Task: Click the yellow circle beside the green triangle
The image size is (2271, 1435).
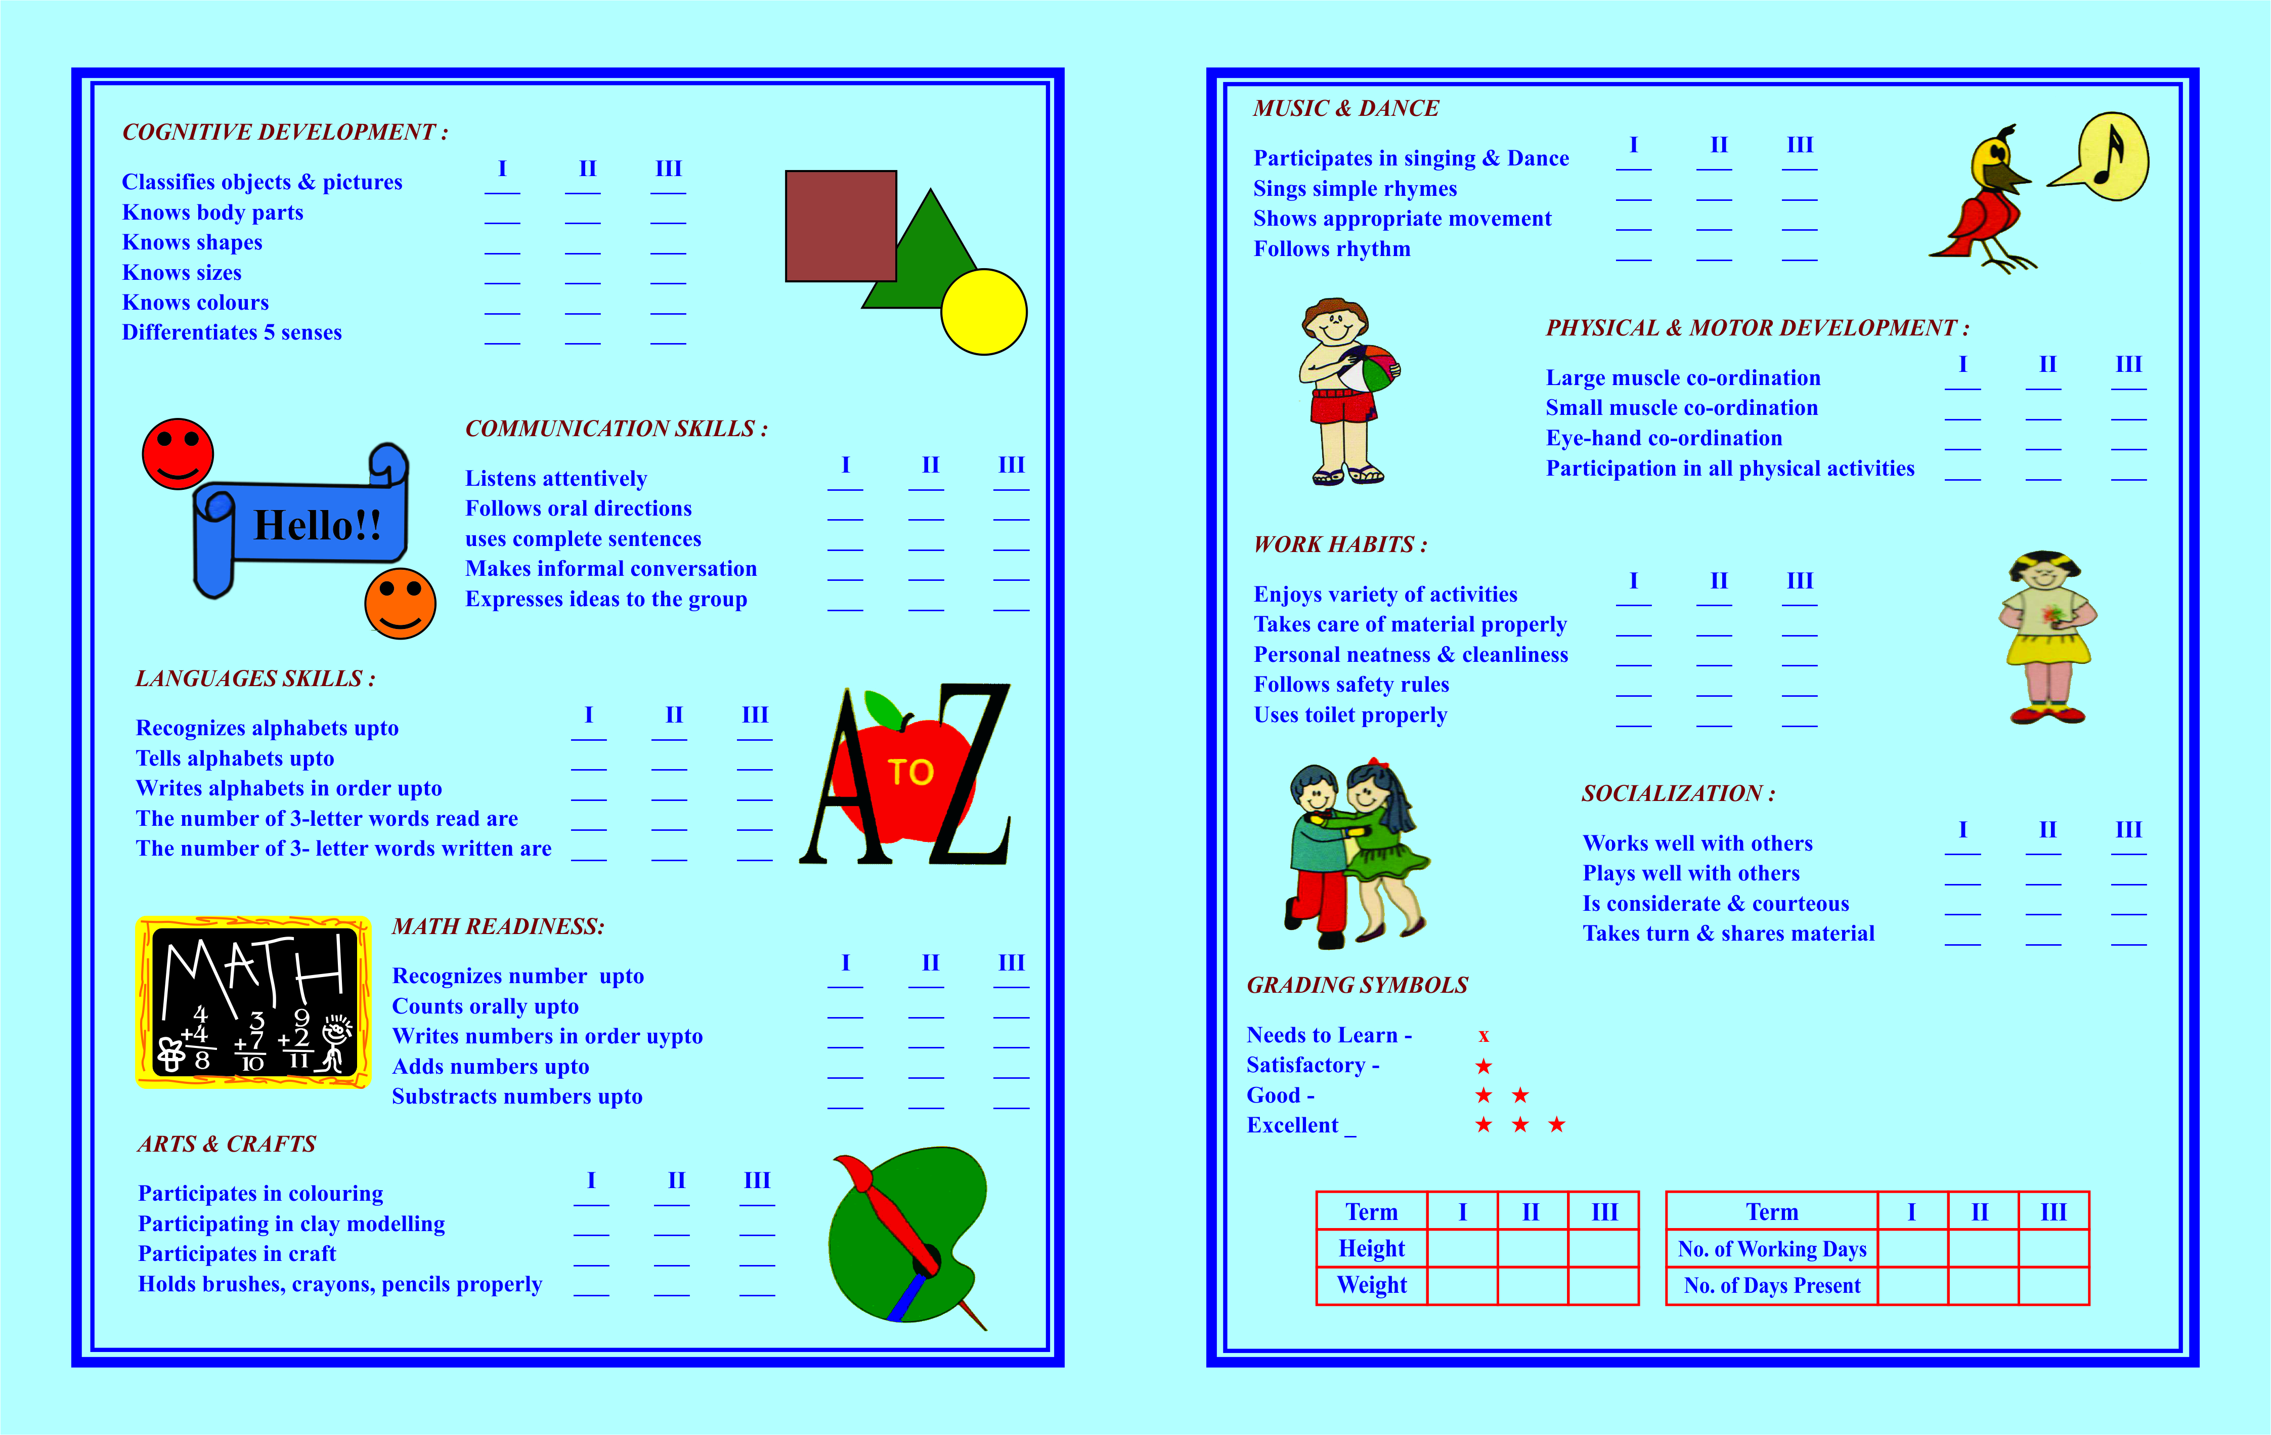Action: click(x=984, y=312)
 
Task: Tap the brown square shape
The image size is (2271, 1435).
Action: click(x=840, y=226)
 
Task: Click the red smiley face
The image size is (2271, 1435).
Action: click(x=178, y=454)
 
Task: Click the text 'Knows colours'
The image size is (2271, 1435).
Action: click(x=195, y=303)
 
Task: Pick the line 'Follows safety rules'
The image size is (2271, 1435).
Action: click(x=1350, y=685)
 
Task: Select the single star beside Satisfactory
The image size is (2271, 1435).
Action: click(x=1483, y=1066)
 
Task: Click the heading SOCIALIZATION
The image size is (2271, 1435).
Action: click(x=1678, y=793)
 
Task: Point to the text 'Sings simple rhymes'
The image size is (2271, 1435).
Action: click(x=1355, y=189)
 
